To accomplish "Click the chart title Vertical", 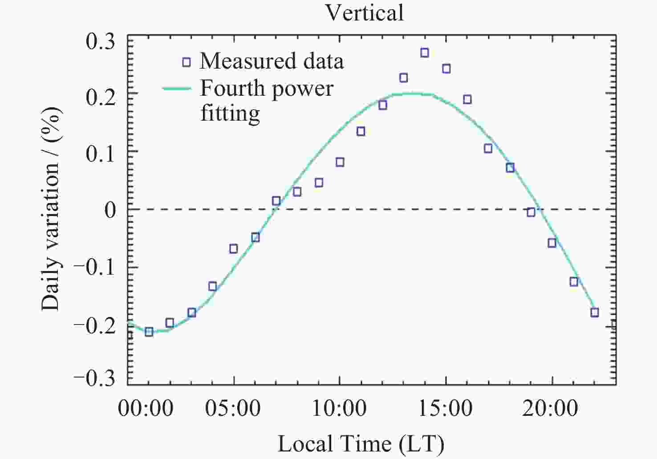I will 365,12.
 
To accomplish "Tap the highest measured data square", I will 425,53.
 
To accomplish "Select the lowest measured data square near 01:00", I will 149,332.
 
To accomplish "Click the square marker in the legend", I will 187,62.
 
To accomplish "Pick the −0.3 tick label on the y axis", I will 94,379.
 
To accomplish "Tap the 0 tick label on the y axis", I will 109,210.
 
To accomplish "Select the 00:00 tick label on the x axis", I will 145,408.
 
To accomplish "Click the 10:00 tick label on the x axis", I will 339,408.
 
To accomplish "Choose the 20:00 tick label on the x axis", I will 550,408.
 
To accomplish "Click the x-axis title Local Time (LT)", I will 361,444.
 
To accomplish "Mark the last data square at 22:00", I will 594,313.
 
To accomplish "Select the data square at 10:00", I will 340,162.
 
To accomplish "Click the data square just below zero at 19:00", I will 531,212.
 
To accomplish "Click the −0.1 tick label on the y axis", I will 94,268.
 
